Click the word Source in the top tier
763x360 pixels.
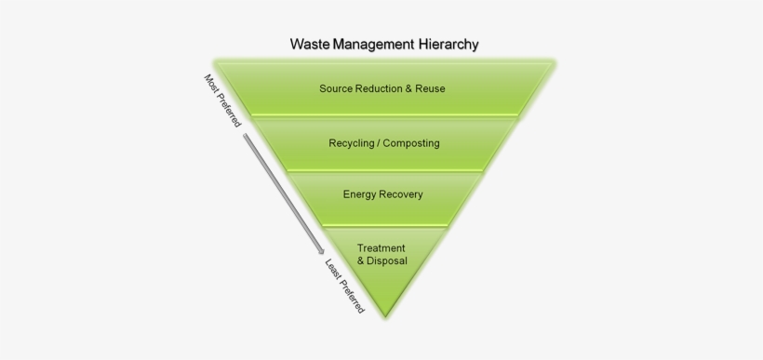[x=335, y=89]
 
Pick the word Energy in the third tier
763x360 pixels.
[x=359, y=194]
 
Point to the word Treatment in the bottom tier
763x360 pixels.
[x=381, y=248]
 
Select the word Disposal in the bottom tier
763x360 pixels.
[x=388, y=261]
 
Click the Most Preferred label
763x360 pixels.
[x=222, y=100]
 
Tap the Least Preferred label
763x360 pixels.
[x=343, y=284]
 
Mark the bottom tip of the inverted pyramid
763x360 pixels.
[x=383, y=313]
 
